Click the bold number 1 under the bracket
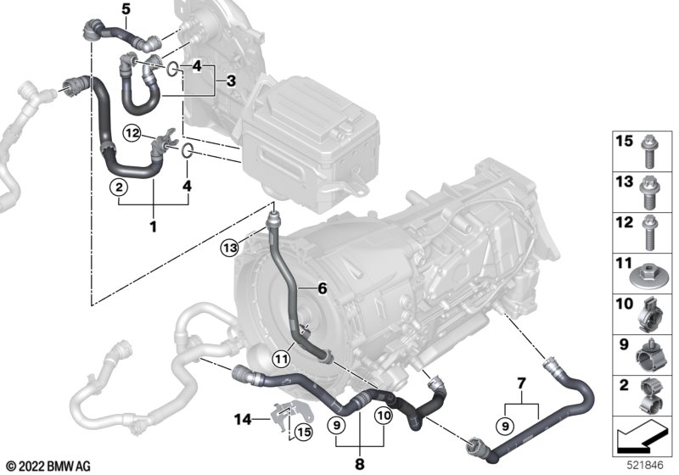[153, 226]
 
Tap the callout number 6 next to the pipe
[323, 289]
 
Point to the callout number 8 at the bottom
[359, 464]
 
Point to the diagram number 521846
[642, 466]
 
